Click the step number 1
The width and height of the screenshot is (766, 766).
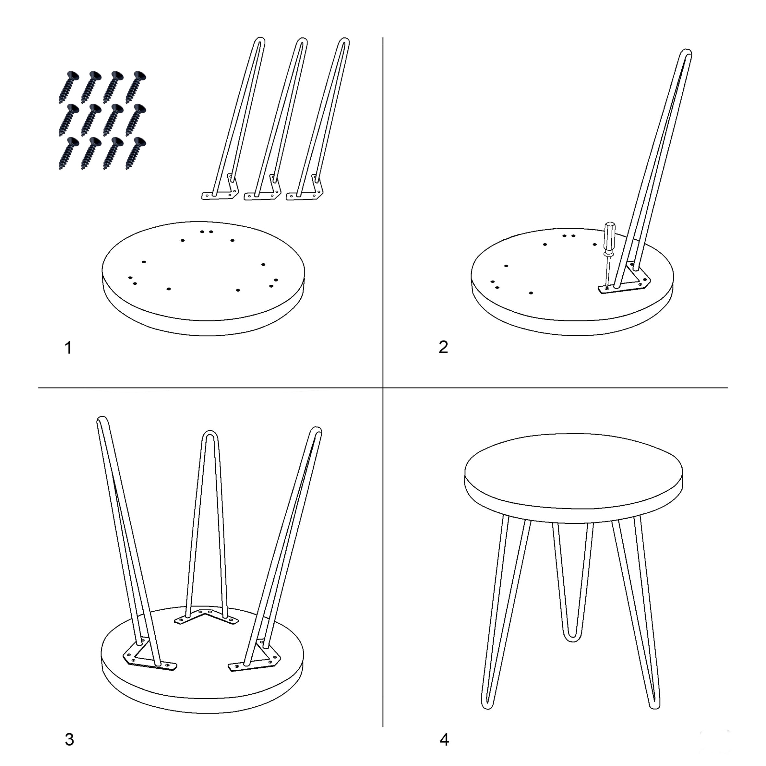click(68, 348)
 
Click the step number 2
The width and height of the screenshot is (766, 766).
click(443, 347)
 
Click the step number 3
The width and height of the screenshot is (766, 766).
click(69, 739)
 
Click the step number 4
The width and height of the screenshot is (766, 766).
click(444, 739)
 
